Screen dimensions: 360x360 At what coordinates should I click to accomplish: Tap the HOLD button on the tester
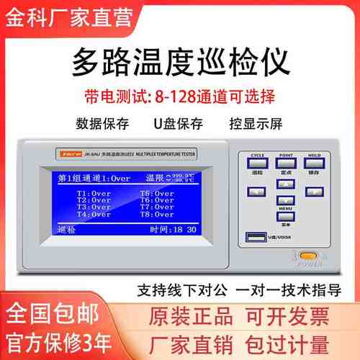click(x=314, y=163)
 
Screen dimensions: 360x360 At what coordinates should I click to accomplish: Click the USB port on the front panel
click(x=256, y=237)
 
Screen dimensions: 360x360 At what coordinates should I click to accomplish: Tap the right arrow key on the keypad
click(x=314, y=192)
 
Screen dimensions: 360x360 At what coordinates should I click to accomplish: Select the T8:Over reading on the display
click(x=156, y=215)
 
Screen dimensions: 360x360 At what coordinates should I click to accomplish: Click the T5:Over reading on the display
click(x=156, y=193)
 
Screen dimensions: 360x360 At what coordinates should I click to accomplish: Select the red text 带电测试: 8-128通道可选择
click(x=180, y=95)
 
